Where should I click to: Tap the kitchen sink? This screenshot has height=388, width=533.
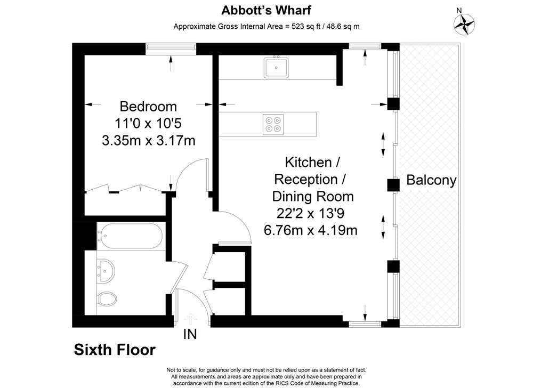(276, 67)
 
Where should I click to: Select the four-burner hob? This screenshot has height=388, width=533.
(273, 124)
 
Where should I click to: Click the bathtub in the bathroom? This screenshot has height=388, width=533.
(130, 236)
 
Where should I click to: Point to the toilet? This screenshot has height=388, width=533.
(107, 298)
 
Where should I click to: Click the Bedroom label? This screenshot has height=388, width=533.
(148, 107)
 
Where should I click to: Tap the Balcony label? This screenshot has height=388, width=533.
(431, 180)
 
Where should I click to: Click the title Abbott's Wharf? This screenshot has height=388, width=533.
(266, 10)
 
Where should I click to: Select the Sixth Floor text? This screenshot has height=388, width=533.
(115, 350)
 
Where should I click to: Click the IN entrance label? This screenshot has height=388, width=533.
(190, 334)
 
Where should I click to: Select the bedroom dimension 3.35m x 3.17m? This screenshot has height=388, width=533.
(149, 140)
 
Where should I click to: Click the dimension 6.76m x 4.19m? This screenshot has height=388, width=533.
(311, 230)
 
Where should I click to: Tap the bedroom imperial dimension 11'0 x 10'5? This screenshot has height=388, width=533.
(148, 123)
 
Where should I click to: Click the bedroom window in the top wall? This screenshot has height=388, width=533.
(171, 49)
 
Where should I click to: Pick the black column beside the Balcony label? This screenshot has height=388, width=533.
(393, 185)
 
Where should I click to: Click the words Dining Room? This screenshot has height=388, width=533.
(313, 196)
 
